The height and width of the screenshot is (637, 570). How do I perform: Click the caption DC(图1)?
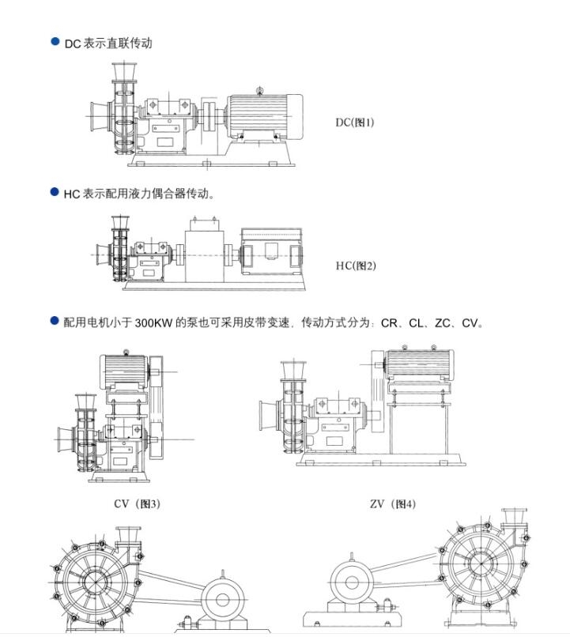(354, 122)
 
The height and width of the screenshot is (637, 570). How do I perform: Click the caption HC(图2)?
(355, 266)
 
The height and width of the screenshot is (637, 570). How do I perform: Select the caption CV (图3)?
(137, 503)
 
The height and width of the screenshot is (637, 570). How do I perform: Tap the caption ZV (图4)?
(392, 503)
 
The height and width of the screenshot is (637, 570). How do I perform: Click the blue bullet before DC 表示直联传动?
(55, 42)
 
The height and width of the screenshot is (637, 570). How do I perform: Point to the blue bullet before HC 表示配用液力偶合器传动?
(55, 192)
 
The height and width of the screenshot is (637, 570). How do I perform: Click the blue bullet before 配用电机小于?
(55, 321)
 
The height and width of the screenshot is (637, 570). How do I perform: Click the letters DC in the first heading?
(73, 43)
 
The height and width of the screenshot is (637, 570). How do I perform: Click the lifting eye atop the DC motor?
(260, 89)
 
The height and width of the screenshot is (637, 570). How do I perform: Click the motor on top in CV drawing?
(126, 370)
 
